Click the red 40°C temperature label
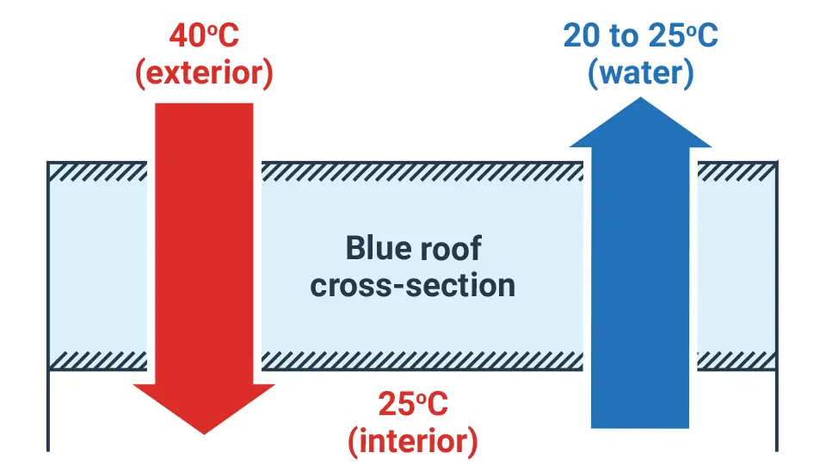point(204,36)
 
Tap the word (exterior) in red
point(205,72)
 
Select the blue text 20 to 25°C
point(640,36)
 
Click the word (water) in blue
point(640,72)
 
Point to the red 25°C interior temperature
point(413,405)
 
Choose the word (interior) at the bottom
point(413,441)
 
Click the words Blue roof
point(414,248)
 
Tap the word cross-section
point(412,286)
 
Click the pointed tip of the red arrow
point(204,434)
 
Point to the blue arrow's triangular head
point(640,122)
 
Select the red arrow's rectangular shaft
point(204,244)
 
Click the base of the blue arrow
point(640,426)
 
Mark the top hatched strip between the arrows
point(422,172)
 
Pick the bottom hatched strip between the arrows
point(422,360)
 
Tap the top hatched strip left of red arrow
point(98,172)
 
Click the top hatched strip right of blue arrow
point(737,172)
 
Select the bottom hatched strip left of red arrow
point(98,360)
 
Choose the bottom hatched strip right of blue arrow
point(737,360)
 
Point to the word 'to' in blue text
point(625,37)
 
